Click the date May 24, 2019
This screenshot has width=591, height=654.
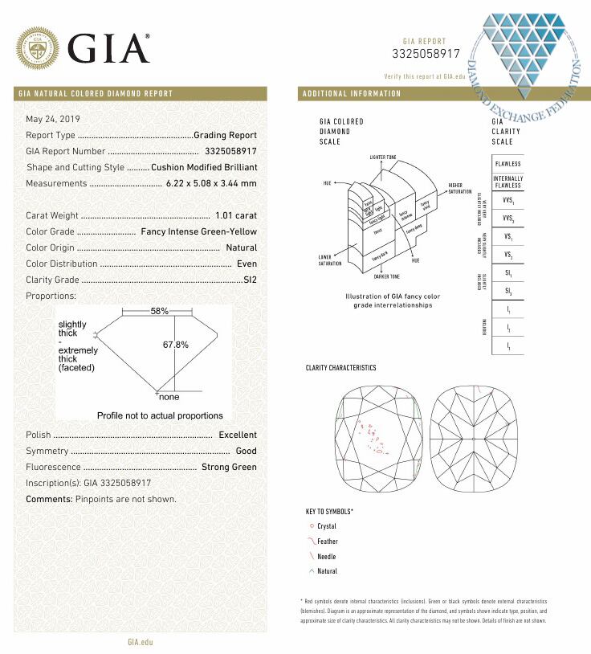point(48,119)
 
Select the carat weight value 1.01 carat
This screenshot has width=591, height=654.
point(236,215)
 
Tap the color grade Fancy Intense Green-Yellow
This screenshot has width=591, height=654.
point(199,231)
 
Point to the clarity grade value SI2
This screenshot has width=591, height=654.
point(250,280)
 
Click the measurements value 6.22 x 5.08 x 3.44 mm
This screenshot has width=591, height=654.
point(211,183)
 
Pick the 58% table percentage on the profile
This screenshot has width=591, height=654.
point(160,310)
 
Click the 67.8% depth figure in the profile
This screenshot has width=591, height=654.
point(175,344)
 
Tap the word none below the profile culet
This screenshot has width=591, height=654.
point(169,397)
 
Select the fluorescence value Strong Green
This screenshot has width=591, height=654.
point(229,467)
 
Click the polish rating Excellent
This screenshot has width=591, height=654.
point(238,435)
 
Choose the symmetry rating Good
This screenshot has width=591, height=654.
point(246,451)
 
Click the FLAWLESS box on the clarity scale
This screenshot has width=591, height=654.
point(507,163)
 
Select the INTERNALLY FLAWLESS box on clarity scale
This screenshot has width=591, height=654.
point(507,182)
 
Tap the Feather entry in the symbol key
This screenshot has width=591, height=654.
point(327,542)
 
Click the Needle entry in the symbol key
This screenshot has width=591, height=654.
point(326,557)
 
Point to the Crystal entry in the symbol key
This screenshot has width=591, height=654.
point(326,526)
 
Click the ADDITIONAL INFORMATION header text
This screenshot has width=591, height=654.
point(352,94)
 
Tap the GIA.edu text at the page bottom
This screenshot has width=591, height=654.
point(140,642)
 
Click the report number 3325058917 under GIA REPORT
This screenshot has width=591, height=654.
point(426,54)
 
